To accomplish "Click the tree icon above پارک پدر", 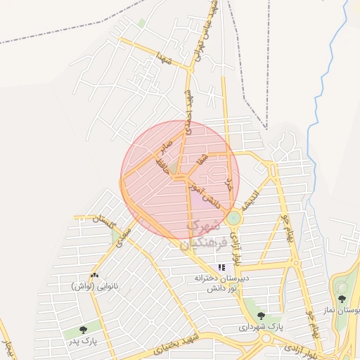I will [84, 328].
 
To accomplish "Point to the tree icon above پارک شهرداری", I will [261, 316].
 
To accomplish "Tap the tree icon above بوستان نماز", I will [342, 299].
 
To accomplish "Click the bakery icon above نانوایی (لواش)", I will [95, 275].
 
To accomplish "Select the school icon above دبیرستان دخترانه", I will [222, 267].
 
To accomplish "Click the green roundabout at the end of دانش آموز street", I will [233, 219].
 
